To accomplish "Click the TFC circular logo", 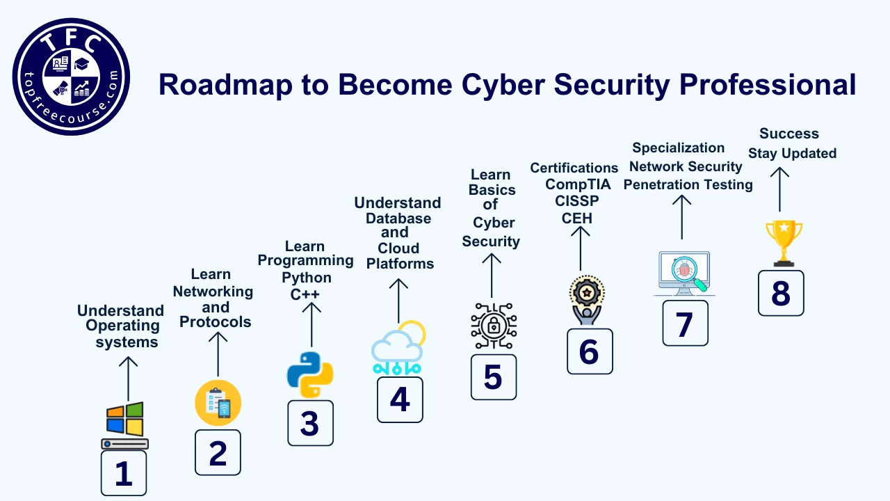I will [71, 77].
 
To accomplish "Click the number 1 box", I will [124, 473].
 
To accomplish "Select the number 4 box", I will [400, 399].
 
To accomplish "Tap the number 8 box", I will [781, 293].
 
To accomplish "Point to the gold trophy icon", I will [784, 242].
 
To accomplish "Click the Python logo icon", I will [310, 374].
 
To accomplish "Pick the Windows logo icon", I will [125, 420].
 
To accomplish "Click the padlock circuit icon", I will [494, 326].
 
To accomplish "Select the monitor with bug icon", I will [685, 273].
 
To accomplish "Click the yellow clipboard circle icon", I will [218, 403].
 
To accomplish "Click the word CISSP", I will [577, 201].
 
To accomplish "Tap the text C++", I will [305, 294].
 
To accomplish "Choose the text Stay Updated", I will [792, 153].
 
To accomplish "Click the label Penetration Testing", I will [688, 184].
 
